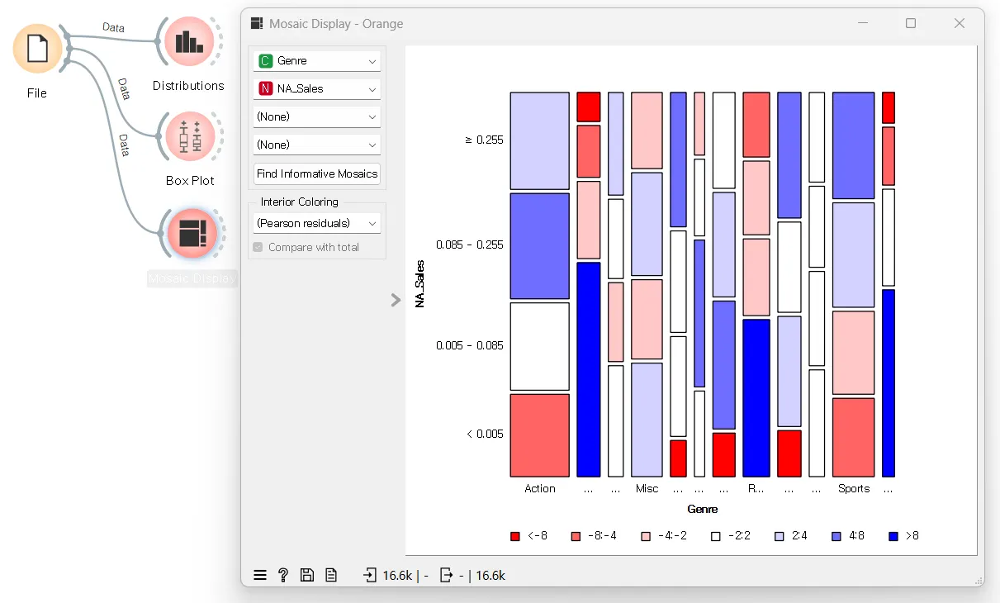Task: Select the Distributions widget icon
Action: tap(189, 41)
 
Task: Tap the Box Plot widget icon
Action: tap(190, 136)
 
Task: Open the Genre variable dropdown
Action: tap(317, 61)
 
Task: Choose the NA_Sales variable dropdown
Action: tap(317, 89)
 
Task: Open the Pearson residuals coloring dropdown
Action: tap(317, 223)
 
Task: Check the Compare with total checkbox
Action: tap(258, 247)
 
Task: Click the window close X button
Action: tap(960, 23)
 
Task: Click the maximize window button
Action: tap(911, 23)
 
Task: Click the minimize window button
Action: tap(863, 23)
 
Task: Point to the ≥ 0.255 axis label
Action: tap(484, 140)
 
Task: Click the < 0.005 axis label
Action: tap(485, 434)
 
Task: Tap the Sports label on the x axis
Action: tap(853, 489)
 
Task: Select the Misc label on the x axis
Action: tap(647, 489)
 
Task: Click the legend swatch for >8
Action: tap(893, 536)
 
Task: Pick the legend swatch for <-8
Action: tap(515, 536)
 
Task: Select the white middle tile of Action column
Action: tap(539, 346)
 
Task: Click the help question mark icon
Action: tap(283, 575)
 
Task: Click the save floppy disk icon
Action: tap(307, 575)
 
